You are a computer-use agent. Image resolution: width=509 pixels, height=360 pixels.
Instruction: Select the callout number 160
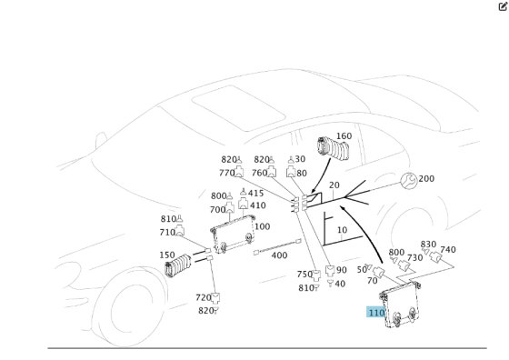pyautogui.click(x=344, y=137)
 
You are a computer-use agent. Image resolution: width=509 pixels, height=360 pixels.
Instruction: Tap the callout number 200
pyautogui.click(x=425, y=179)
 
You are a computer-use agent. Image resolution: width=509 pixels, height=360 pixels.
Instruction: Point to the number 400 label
pyautogui.click(x=279, y=256)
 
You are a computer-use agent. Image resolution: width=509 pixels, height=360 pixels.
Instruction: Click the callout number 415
pyautogui.click(x=256, y=193)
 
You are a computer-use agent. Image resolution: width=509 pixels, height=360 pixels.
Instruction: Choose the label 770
pyautogui.click(x=226, y=173)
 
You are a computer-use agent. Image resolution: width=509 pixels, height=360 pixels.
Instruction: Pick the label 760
pyautogui.click(x=260, y=173)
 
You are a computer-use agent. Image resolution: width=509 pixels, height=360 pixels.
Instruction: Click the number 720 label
pyautogui.click(x=204, y=297)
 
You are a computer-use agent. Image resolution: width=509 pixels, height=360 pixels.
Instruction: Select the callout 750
pyautogui.click(x=304, y=275)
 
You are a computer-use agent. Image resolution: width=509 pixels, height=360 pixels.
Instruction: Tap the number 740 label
pyautogui.click(x=447, y=250)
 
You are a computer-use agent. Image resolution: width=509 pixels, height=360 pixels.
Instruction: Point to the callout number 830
pyautogui.click(x=428, y=244)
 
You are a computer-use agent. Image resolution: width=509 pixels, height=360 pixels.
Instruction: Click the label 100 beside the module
pyautogui.click(x=262, y=226)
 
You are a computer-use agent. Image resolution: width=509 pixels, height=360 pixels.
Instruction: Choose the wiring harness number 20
pyautogui.click(x=334, y=185)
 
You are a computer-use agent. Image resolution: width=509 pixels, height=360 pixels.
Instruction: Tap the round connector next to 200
pyautogui.click(x=408, y=181)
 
